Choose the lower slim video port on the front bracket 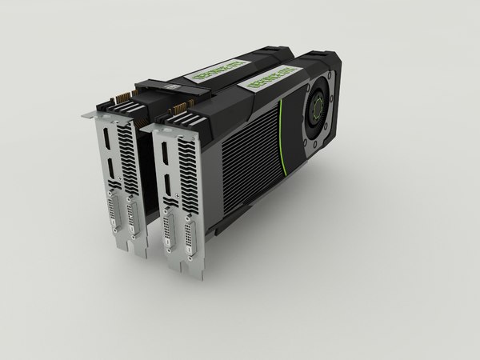coord(169,190)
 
